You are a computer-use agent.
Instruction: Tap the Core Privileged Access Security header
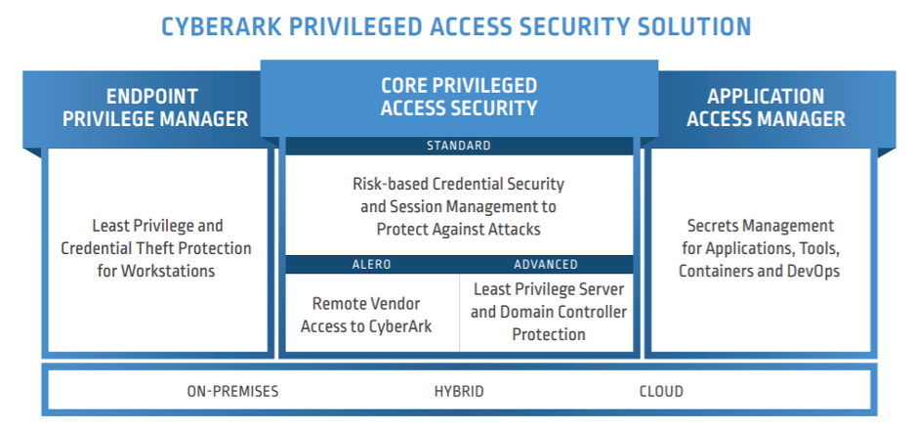pos(458,97)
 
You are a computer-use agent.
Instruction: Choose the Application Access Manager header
pos(766,108)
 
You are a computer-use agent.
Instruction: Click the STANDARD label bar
pos(458,146)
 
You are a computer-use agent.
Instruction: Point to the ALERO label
pos(371,264)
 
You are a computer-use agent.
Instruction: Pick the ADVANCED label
pos(546,264)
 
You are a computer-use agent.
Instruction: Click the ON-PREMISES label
pos(232,391)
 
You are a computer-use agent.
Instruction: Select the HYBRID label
pos(459,391)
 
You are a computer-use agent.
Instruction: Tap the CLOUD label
pos(661,391)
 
